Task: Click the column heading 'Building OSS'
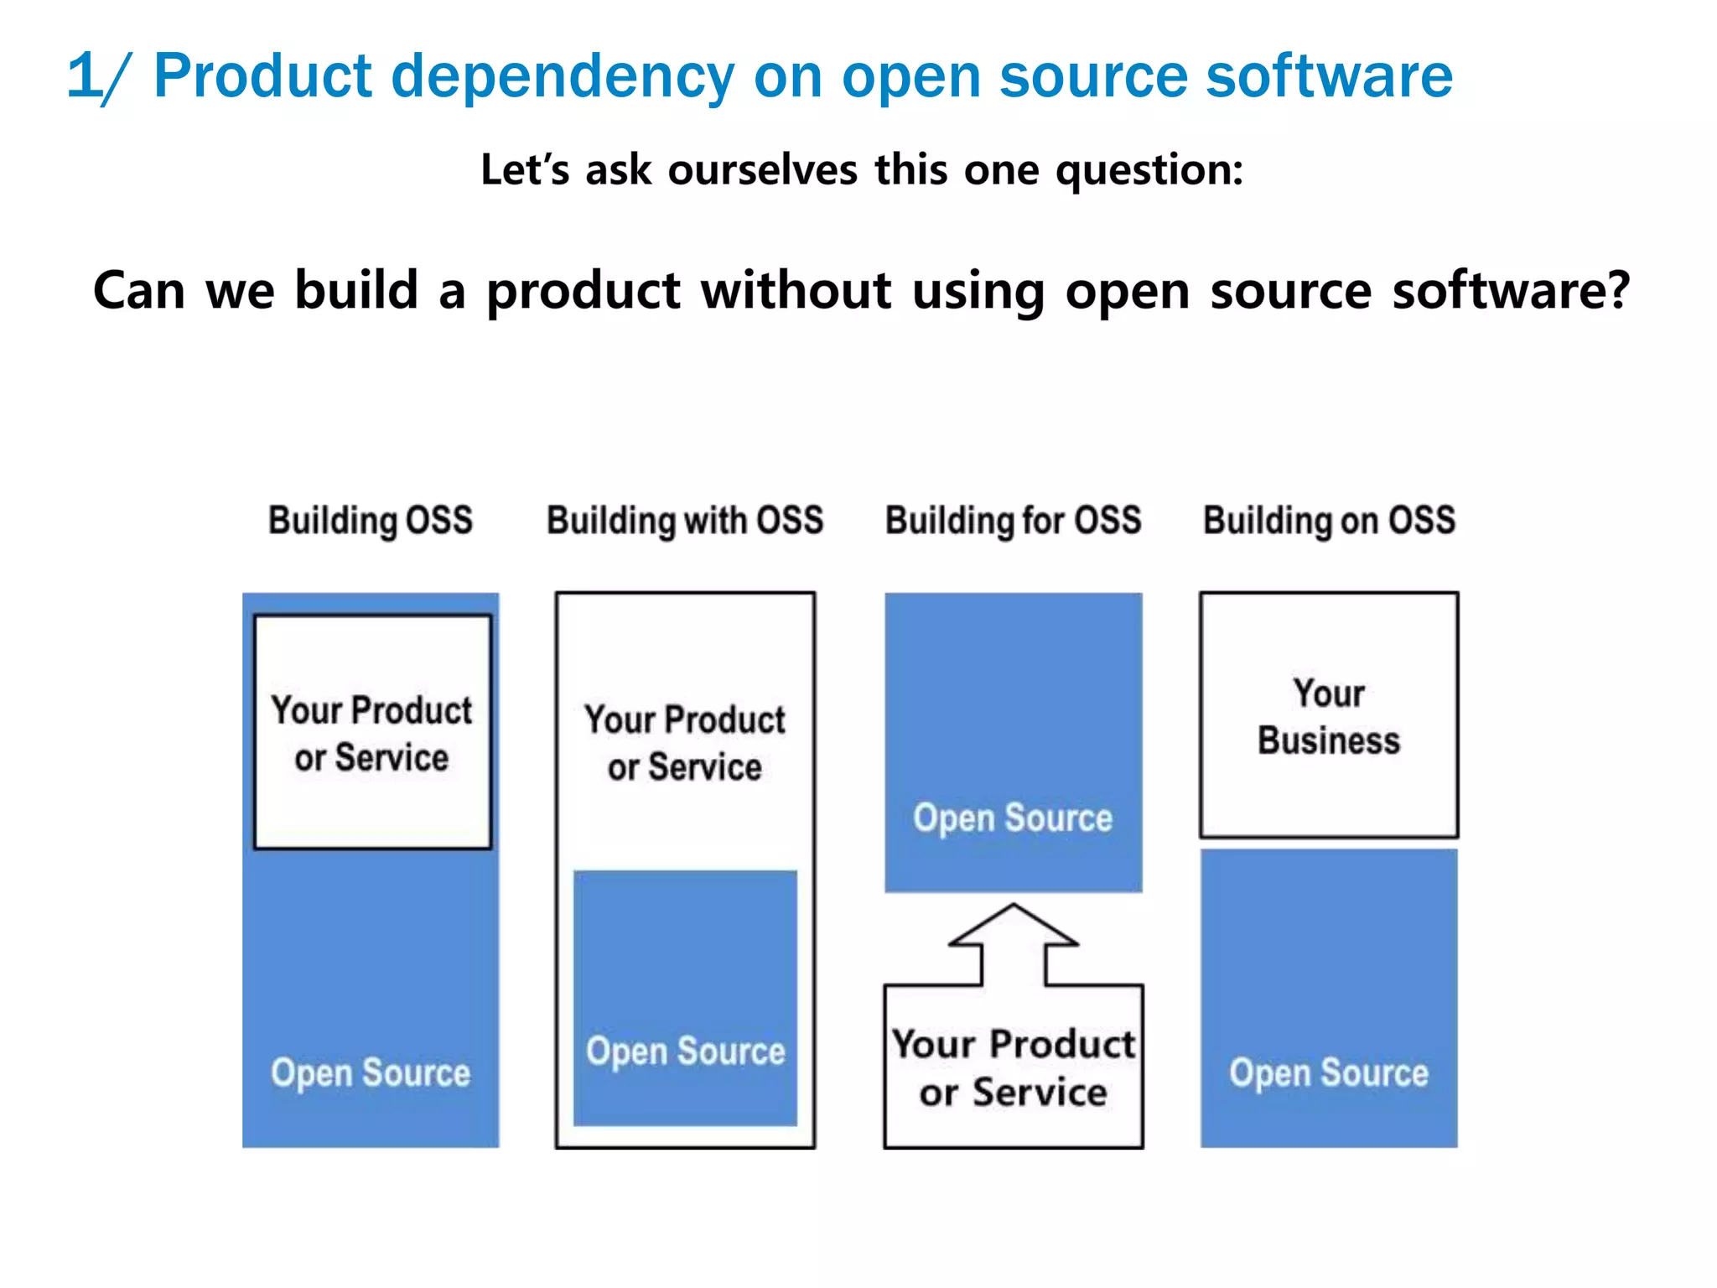tap(371, 520)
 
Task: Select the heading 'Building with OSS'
tap(685, 520)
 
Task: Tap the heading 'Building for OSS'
tap(1014, 520)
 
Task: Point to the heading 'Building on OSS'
tap(1330, 520)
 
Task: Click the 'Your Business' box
tap(1329, 715)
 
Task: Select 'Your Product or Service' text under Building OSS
tap(371, 733)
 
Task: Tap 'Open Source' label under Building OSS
tap(371, 1072)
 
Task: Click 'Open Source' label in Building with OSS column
tap(685, 1051)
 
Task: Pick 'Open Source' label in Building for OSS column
tap(1013, 818)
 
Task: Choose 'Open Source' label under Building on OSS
tap(1329, 1072)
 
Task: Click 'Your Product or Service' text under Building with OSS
tap(685, 743)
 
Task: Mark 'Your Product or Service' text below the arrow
tap(1013, 1067)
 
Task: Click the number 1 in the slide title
tap(82, 75)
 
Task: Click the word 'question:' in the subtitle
tap(1149, 171)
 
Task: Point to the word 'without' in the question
tap(796, 290)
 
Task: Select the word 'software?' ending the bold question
tap(1511, 290)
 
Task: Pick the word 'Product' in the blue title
tap(262, 75)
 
